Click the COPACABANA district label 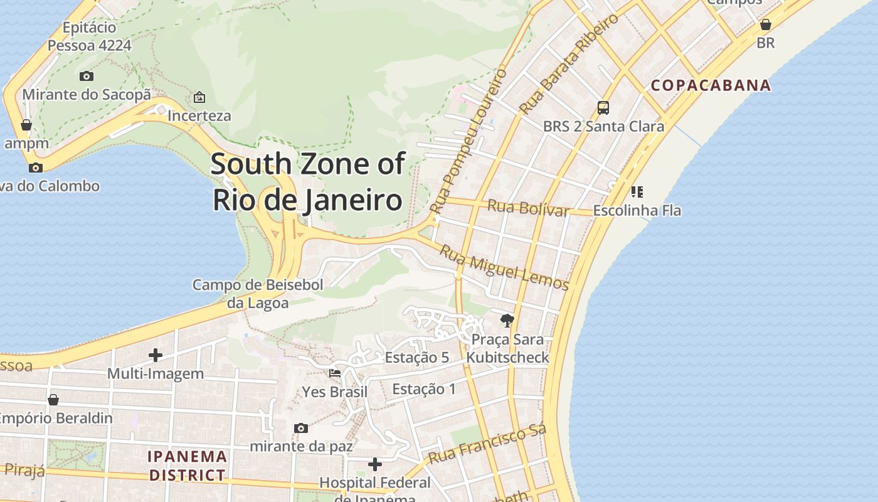coord(711,85)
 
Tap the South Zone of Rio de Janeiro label coord(307,182)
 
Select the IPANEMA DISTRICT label coord(187,466)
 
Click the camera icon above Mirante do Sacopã coord(87,76)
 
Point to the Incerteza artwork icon coord(199,97)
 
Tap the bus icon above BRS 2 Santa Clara coord(603,107)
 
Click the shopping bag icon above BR coord(765,24)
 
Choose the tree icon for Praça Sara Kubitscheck coord(507,321)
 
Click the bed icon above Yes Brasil coord(335,373)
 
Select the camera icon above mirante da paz coord(301,428)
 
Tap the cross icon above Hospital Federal coord(375,464)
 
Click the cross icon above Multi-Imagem coord(156,355)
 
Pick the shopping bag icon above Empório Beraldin coord(53,400)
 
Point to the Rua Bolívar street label coord(528,207)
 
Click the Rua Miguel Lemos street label coord(504,267)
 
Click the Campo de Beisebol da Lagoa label coord(258,294)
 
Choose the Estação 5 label coord(416,358)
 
